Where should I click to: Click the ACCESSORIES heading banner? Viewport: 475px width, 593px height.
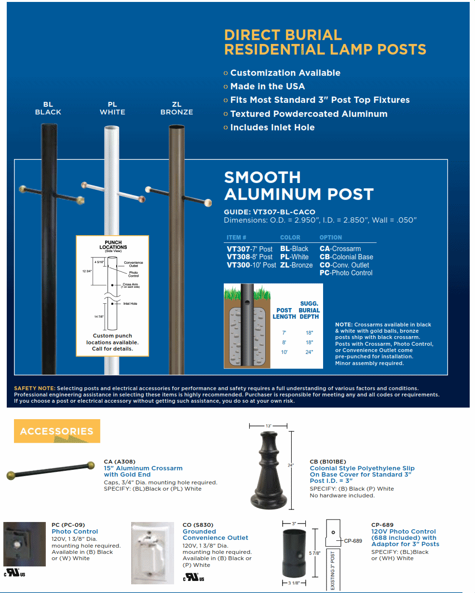pyautogui.click(x=56, y=431)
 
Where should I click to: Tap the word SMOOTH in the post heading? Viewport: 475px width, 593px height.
pyautogui.click(x=262, y=177)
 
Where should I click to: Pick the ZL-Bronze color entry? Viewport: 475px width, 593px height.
pyautogui.click(x=296, y=265)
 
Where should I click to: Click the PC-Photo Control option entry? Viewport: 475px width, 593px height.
pyautogui.click(x=346, y=273)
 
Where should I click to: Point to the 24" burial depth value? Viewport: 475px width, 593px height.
pyautogui.click(x=309, y=352)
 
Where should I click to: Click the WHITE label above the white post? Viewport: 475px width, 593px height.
pyautogui.click(x=112, y=112)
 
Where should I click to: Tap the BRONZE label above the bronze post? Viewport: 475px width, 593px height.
pyautogui.click(x=176, y=112)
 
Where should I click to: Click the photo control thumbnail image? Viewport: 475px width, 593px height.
pyautogui.click(x=25, y=544)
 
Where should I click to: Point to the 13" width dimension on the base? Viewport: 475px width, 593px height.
pyautogui.click(x=269, y=426)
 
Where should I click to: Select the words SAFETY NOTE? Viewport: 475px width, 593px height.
pyautogui.click(x=35, y=388)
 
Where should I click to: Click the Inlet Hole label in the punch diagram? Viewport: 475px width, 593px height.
pyautogui.click(x=130, y=304)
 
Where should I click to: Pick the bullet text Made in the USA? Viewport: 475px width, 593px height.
pyautogui.click(x=267, y=86)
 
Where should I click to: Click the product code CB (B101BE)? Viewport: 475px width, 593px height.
pyautogui.click(x=327, y=462)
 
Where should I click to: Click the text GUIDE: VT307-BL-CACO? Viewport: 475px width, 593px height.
pyautogui.click(x=270, y=212)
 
